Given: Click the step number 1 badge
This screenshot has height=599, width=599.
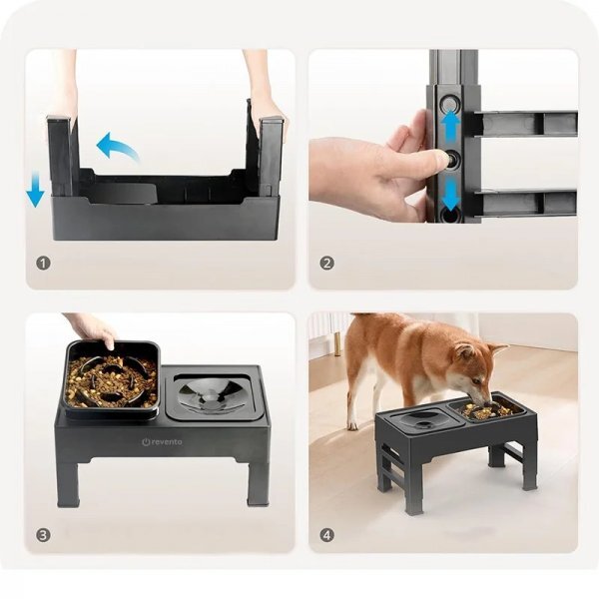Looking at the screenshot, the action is point(43,264).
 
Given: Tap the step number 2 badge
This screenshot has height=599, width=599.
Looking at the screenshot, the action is point(326,264).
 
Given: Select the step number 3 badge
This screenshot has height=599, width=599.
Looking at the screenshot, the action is point(43,535).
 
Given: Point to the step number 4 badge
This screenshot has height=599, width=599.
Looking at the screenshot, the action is point(326,535).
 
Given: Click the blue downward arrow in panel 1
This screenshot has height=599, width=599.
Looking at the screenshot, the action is point(35,189).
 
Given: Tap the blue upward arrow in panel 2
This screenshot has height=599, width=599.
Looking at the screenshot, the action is point(451,124).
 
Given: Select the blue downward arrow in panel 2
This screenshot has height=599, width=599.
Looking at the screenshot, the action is point(451,196).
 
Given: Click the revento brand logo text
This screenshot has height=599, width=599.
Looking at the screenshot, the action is point(162,442).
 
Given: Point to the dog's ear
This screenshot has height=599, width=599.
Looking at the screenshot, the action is point(464,350).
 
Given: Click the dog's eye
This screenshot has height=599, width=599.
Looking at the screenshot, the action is point(476,380).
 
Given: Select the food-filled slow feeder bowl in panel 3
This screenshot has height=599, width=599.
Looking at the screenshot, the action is point(112,379).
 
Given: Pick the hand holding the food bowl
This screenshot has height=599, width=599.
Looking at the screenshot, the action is point(92,327).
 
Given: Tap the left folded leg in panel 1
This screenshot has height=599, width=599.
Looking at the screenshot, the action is point(60,156).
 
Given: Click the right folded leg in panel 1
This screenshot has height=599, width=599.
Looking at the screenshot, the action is point(271,156).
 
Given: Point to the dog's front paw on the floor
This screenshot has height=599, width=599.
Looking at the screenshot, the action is point(352,425).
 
